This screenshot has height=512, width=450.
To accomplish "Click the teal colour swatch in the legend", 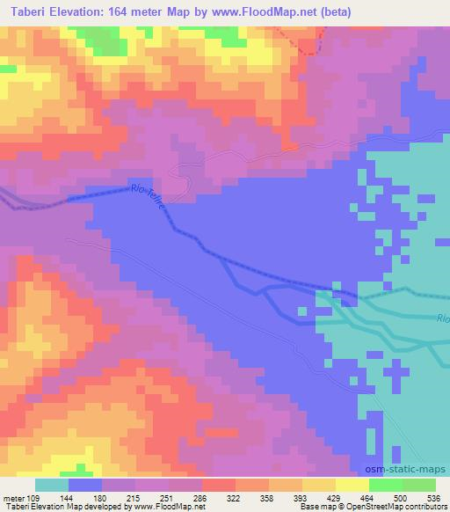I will [52, 485].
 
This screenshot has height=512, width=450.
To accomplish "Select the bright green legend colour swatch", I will [387, 485].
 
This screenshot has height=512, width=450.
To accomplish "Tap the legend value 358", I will [266, 497].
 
